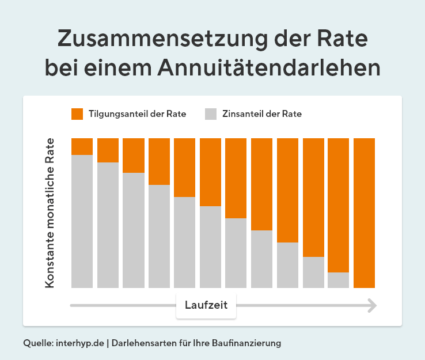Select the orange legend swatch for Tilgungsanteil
pos(77,113)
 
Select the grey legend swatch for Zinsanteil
pos(211,113)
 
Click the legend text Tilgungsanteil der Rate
pos(137,114)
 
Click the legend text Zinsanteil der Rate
pos(261,114)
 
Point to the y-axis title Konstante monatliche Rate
pos(50,213)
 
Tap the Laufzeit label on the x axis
pos(206,305)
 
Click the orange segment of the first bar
pos(82,146)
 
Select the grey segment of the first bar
pos(82,221)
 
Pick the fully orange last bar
pos(364,213)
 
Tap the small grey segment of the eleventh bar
pos(339,280)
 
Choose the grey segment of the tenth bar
pos(313,272)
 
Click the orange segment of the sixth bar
pos(210,172)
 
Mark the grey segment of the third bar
pos(133,230)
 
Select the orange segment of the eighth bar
pos(261,184)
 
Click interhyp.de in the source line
pos(81,343)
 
